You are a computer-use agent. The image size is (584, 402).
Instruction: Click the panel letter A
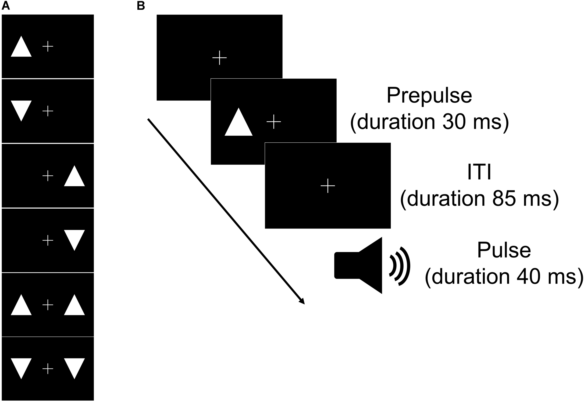pos(6,6)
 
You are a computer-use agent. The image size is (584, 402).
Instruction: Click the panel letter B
pos(141,6)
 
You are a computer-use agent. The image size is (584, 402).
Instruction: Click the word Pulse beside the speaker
pos(504,250)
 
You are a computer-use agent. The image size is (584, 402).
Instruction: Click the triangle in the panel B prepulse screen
pos(238,125)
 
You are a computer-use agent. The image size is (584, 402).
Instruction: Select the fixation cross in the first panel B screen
pos(219,58)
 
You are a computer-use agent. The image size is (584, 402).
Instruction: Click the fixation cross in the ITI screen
pos(328,186)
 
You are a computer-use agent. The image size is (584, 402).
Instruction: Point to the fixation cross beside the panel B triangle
pos(274,122)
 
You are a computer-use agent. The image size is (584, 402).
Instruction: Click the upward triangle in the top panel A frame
pos(21,49)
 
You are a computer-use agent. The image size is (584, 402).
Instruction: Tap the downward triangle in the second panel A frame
pos(21,109)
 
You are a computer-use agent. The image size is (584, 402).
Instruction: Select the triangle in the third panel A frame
pos(74,178)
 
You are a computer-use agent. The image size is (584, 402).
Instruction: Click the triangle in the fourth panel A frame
pos(74,238)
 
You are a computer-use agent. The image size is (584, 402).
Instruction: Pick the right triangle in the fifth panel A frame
pos(74,307)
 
